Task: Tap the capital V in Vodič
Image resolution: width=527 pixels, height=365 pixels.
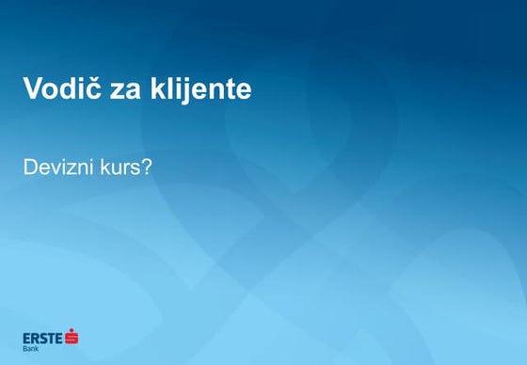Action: click(33, 89)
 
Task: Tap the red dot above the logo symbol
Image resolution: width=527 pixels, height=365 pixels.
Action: click(72, 329)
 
